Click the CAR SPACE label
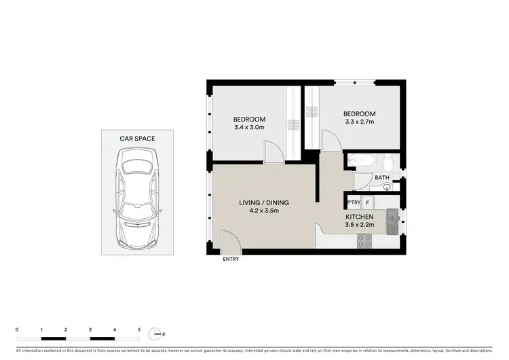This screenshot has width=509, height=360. (137, 139)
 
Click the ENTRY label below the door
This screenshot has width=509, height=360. (230, 259)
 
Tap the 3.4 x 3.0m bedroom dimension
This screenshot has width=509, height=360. (250, 127)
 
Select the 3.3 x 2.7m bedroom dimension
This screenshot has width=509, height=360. (358, 122)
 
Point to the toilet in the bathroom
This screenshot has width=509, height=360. (389, 163)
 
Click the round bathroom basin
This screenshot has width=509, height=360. (376, 187)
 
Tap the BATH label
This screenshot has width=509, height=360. (382, 178)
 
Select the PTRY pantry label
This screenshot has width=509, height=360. (354, 202)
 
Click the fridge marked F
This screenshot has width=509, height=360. (367, 202)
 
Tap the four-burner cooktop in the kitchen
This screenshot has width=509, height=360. (364, 240)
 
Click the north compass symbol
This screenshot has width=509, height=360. (157, 334)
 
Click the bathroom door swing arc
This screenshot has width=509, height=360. (360, 181)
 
